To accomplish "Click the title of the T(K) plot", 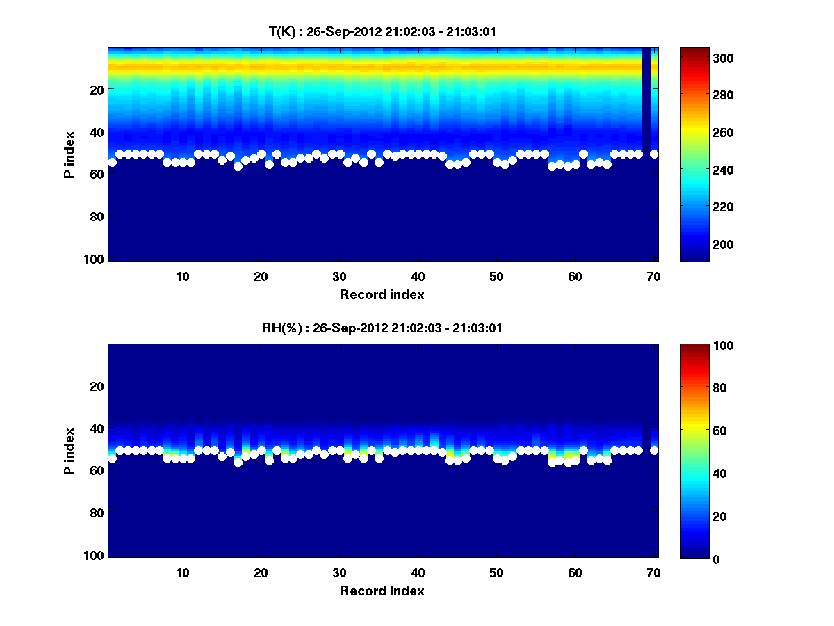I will (382, 32).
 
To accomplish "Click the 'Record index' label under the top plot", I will (382, 294).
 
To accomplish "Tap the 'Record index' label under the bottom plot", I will (382, 591).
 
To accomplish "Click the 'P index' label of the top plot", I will (69, 154).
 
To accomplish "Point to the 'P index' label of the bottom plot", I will (69, 451).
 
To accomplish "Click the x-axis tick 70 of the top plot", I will (654, 276).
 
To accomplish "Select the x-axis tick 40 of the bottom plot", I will (418, 572).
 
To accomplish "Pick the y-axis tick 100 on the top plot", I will (95, 259).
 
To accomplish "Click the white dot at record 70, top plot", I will (654, 154).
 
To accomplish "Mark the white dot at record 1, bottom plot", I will (113, 458).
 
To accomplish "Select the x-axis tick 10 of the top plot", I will (183, 276).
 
